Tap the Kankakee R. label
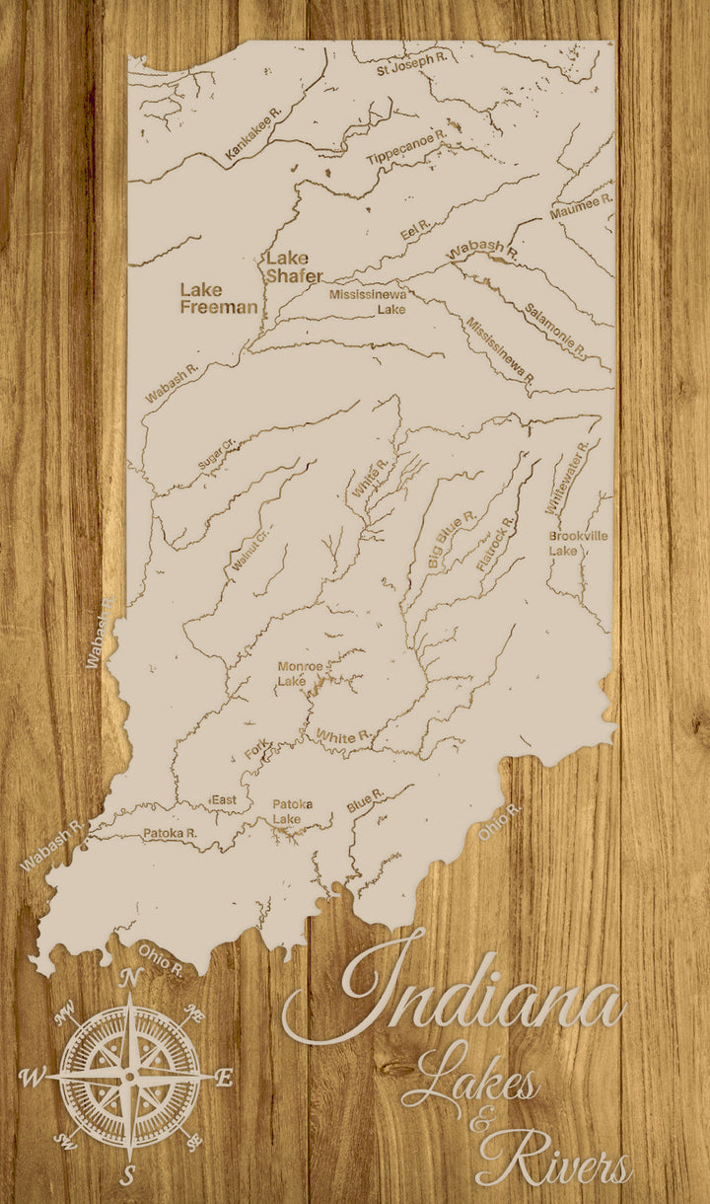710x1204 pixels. (x=253, y=134)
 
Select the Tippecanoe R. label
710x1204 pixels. (x=407, y=146)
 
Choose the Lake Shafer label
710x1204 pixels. (x=293, y=266)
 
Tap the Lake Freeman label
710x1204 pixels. (x=218, y=298)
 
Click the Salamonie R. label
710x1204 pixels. (x=555, y=330)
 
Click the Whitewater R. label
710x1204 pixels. (x=567, y=477)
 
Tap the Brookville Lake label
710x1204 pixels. (x=578, y=543)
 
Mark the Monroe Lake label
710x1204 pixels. (x=299, y=673)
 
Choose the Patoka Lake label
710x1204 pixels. (x=293, y=811)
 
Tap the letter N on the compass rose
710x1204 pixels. (x=129, y=977)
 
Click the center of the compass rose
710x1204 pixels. (x=129, y=1077)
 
